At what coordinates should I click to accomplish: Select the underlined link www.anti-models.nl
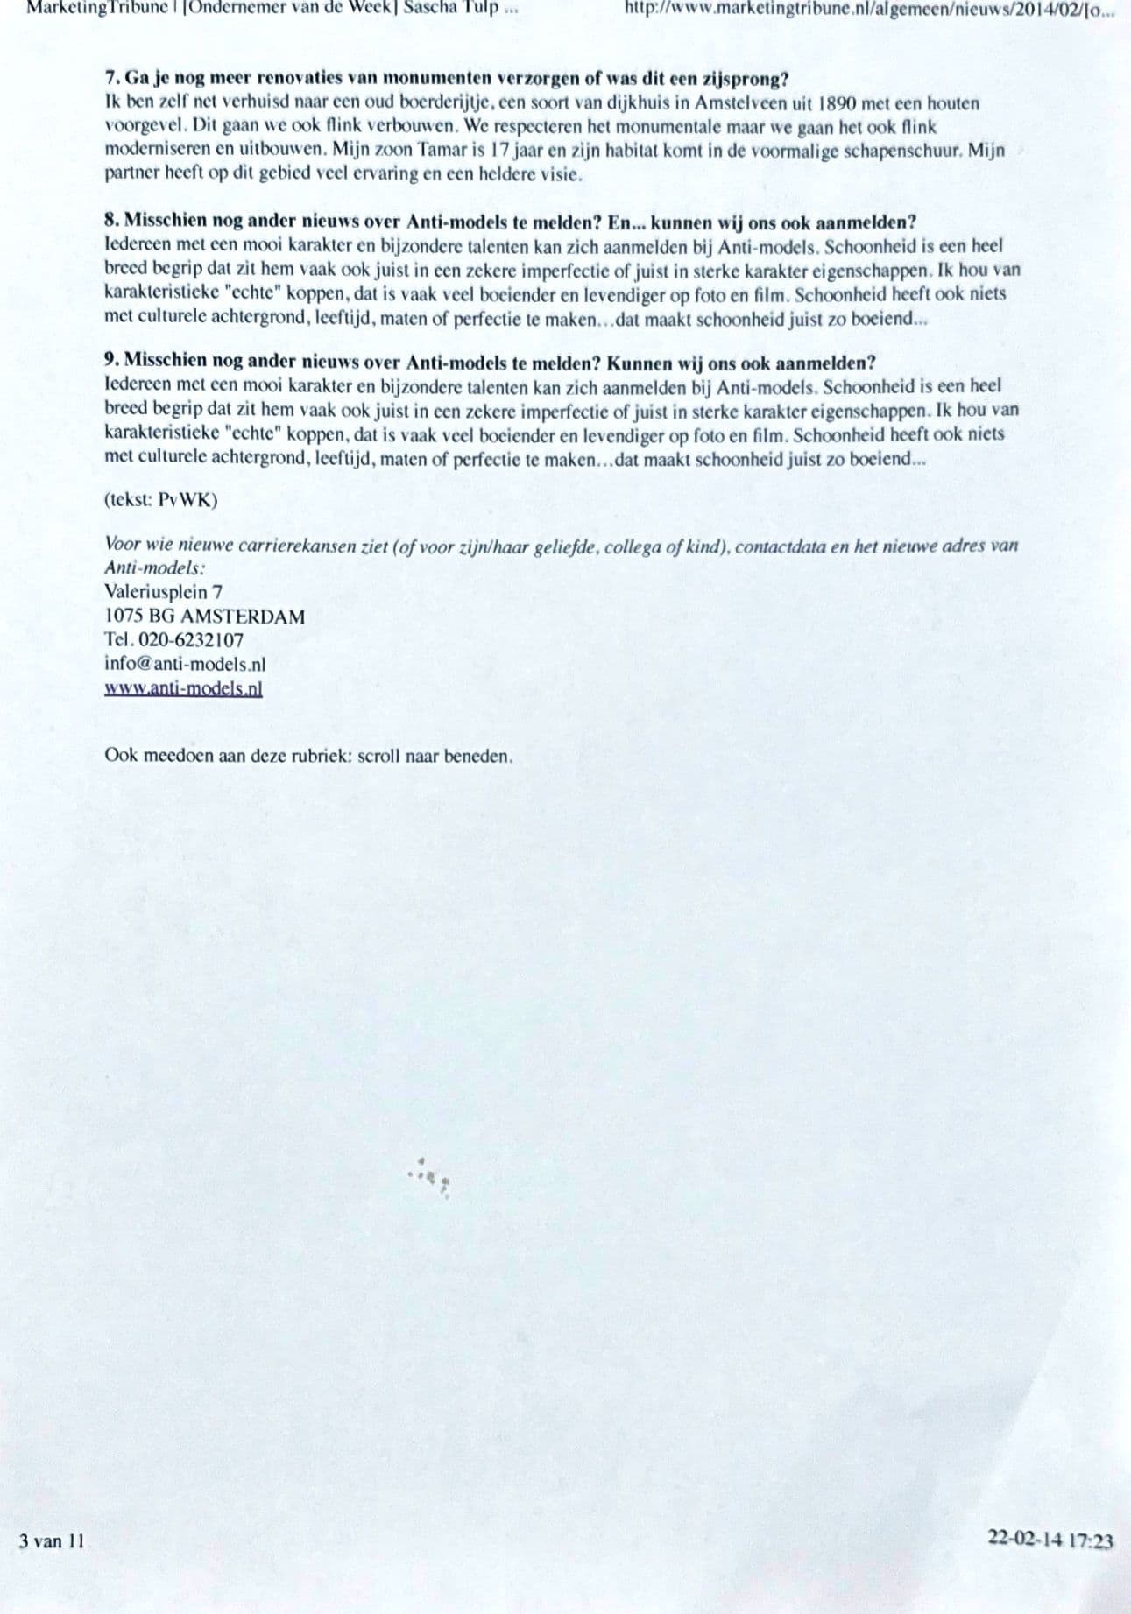tap(183, 687)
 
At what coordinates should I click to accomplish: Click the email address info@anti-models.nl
tap(184, 664)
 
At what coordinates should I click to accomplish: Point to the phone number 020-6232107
tap(191, 640)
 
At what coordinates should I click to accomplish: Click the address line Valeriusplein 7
tap(163, 592)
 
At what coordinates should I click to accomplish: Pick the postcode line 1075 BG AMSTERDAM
tap(204, 617)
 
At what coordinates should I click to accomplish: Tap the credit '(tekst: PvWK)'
tap(160, 500)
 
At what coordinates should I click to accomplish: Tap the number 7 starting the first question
tap(110, 79)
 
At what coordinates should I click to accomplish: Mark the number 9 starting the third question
tap(110, 362)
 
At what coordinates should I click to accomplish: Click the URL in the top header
tap(869, 9)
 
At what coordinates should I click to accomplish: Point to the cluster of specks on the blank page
tap(430, 1176)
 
